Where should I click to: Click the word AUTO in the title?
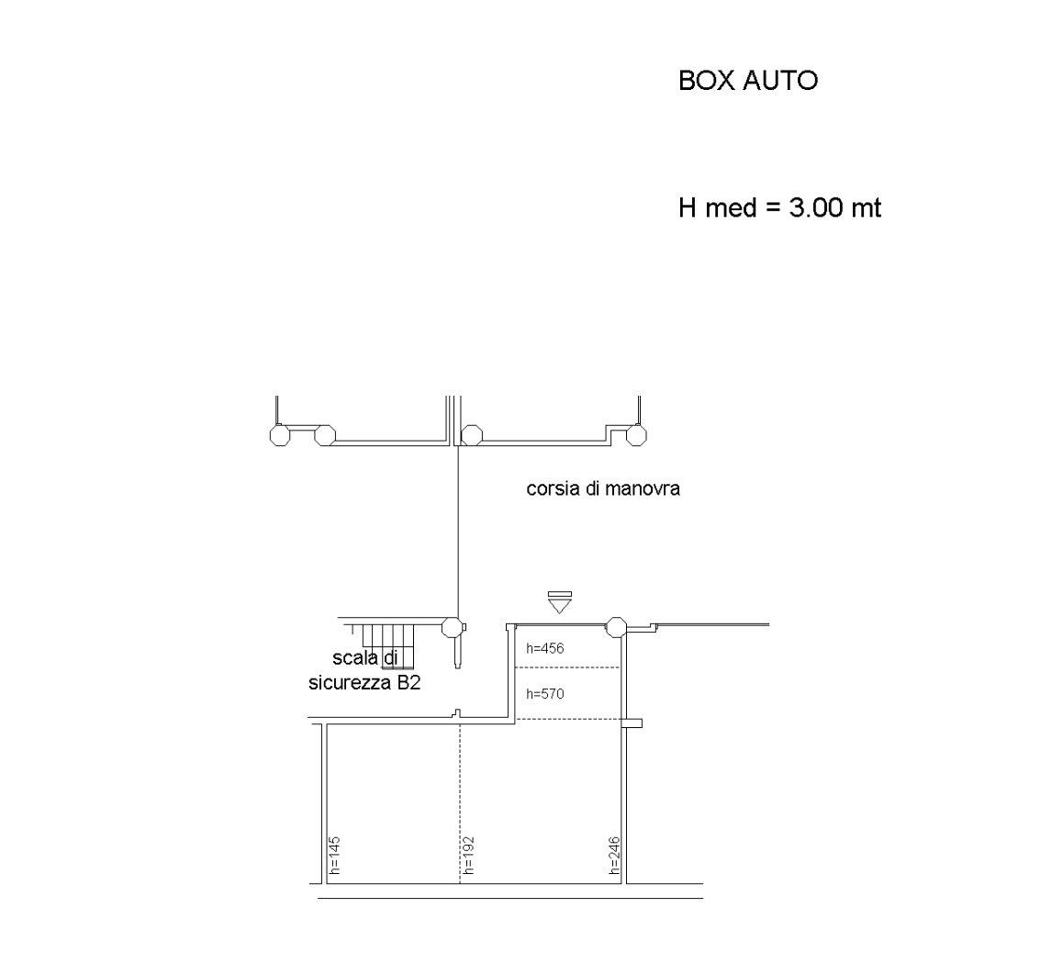click(x=780, y=81)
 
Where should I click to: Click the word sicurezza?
click(x=349, y=683)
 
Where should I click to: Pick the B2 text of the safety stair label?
click(x=408, y=683)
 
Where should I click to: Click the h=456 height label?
click(x=545, y=649)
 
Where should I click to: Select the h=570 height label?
click(x=545, y=694)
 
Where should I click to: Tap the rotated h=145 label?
click(x=333, y=856)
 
